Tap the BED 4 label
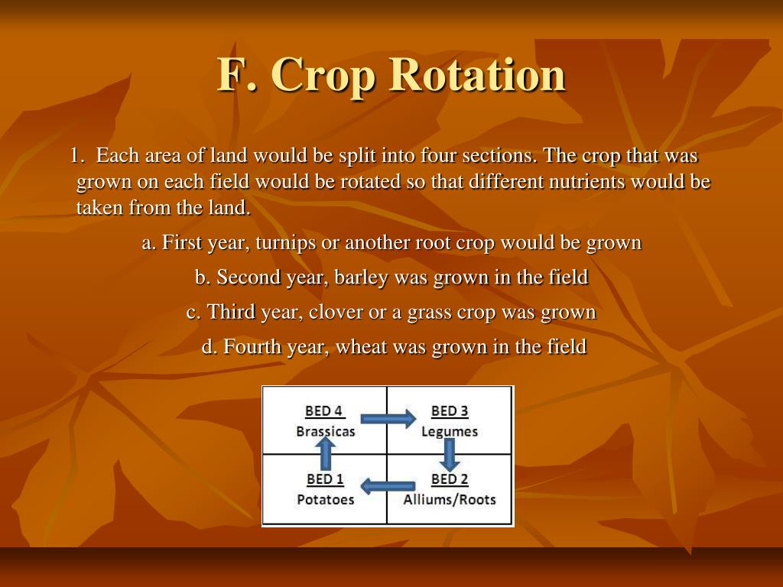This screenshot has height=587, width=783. point(323,410)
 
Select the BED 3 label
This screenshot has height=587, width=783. point(450,410)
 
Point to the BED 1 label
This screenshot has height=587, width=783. point(325,479)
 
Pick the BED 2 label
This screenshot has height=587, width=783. point(450,479)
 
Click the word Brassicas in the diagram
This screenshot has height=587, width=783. point(325,431)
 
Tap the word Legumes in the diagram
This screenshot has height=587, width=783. point(450,432)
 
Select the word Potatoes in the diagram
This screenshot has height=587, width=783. point(325,500)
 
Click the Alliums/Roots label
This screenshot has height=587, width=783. point(450,500)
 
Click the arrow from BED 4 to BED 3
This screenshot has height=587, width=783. point(388,418)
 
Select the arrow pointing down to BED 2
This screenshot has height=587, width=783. point(450,456)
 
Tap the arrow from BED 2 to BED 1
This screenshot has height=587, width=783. point(388,485)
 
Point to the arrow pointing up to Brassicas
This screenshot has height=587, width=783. point(326,454)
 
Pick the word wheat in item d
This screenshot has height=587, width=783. point(361,346)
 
